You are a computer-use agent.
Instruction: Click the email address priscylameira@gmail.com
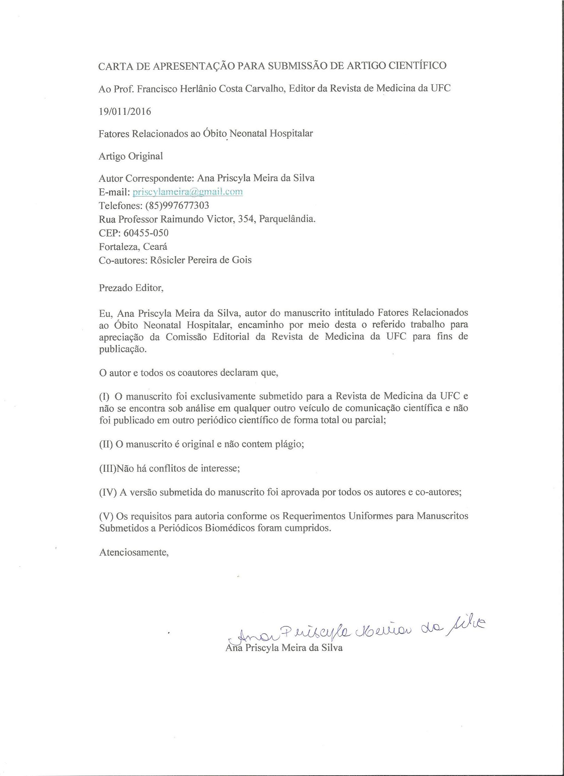(187, 192)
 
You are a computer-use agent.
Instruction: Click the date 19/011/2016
(124, 111)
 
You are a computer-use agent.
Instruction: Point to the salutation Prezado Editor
(131, 288)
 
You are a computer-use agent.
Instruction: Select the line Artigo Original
(131, 156)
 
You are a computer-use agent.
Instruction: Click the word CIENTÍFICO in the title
(418, 66)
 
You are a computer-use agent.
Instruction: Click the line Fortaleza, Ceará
(133, 247)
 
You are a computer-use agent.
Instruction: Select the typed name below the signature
(284, 648)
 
